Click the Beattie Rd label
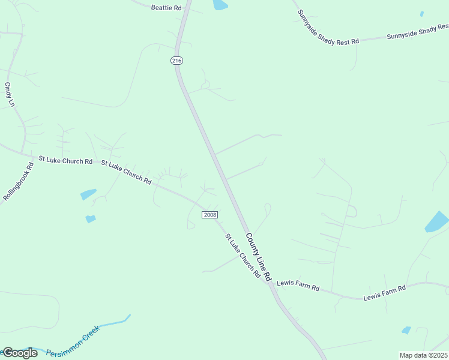click(166, 8)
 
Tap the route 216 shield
click(176, 61)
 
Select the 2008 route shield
click(210, 215)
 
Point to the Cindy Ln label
click(10, 95)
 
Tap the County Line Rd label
click(259, 258)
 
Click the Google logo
click(20, 352)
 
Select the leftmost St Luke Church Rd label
click(65, 160)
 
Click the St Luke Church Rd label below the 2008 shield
click(243, 256)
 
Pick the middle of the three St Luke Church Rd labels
click(126, 172)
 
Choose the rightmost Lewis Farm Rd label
click(384, 293)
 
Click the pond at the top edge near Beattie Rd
click(220, 5)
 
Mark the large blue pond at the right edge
click(438, 221)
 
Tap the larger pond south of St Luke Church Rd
click(88, 194)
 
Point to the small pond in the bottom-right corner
click(406, 330)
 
